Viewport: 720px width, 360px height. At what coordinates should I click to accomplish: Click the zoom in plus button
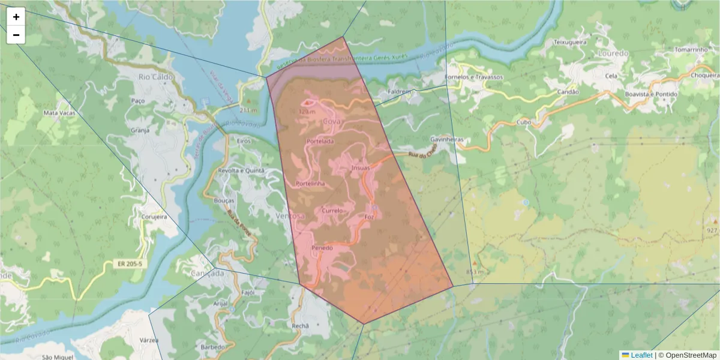[16, 17]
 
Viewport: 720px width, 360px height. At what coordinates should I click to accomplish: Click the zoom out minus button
[16, 35]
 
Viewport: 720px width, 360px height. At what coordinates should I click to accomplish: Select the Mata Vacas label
[59, 112]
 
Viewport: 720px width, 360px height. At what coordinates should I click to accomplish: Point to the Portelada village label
[320, 141]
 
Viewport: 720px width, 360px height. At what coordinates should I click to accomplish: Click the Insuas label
[360, 168]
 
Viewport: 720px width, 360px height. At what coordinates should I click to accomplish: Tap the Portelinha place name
[310, 184]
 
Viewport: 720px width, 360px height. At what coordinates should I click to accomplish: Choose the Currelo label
[332, 211]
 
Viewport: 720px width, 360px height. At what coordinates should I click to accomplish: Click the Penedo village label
[322, 248]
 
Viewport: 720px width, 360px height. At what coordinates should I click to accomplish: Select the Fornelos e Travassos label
[473, 77]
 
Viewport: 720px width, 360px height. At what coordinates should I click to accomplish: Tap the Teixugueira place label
[569, 43]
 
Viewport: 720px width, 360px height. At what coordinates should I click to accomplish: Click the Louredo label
[613, 53]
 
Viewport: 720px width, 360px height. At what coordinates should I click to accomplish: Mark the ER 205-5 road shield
[129, 263]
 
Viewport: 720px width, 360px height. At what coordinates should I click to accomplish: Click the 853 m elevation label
[475, 272]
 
